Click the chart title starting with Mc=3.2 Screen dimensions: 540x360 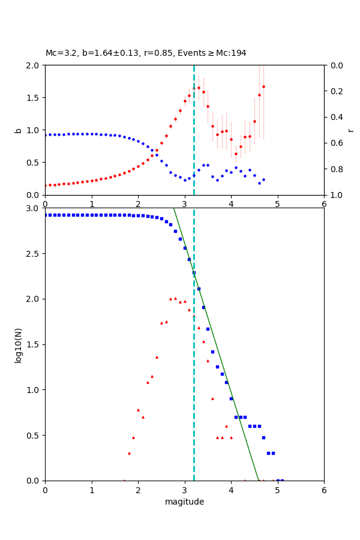click(146, 53)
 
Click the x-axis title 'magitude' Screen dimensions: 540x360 click(184, 502)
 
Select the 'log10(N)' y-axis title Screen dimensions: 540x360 click(18, 344)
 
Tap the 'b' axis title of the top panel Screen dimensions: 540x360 click(18, 130)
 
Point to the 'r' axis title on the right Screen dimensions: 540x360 click(350, 130)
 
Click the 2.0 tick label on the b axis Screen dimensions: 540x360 click(34, 65)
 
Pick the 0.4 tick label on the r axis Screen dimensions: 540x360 click(334, 117)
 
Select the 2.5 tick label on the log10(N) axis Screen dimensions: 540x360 click(34, 254)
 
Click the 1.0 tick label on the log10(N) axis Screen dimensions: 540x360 click(34, 390)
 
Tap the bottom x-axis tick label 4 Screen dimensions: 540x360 click(231, 489)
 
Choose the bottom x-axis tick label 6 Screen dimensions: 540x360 click(324, 489)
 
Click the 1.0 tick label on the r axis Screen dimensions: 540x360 click(334, 195)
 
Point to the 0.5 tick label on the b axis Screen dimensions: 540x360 click(34, 163)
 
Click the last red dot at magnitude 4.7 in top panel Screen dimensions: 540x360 click(263, 86)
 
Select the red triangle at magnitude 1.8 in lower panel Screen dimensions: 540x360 click(129, 453)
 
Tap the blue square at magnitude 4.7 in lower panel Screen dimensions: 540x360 click(263, 437)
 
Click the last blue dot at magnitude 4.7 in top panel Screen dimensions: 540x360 click(263, 179)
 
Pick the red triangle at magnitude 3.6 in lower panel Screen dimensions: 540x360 click(212, 398)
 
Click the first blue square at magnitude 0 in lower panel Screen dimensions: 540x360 click(46, 215)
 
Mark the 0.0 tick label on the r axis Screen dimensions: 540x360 click(334, 65)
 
